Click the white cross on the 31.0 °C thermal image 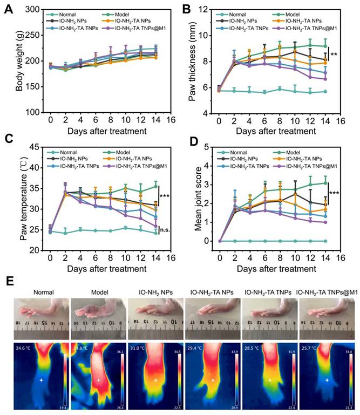pos(155,380)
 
